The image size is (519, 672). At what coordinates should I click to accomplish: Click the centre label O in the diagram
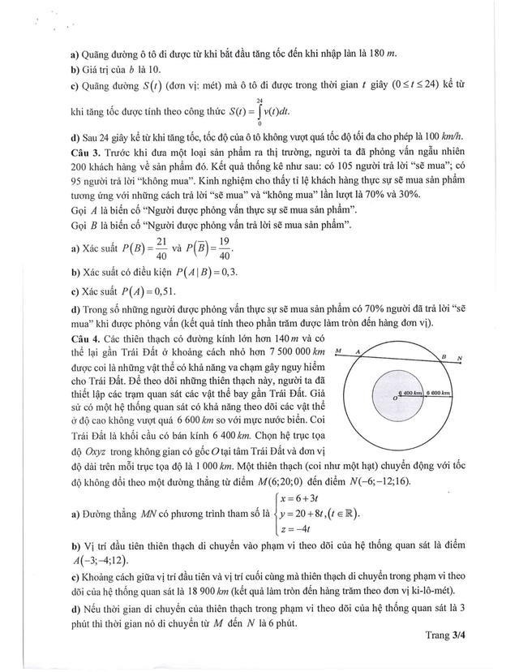[394, 398]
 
